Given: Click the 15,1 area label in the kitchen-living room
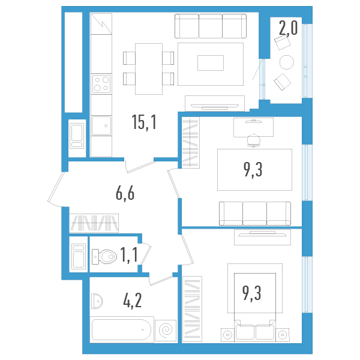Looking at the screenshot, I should pos(144,123).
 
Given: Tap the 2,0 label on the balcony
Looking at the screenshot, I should pos(288,28).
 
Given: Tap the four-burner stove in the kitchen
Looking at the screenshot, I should pos(101,83).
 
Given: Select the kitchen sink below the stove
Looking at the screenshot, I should pos(101,126).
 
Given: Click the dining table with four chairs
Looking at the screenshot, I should pos(148,68).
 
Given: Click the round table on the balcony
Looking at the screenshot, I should pos(287,62).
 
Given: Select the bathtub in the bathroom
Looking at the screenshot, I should pos(122,329).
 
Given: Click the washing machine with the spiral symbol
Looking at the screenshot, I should pos(166,330).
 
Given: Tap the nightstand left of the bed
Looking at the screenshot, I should pos(227,334).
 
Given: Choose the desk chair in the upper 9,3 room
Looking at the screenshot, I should pos(254,139).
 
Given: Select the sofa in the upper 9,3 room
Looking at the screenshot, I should pos(254,213).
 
